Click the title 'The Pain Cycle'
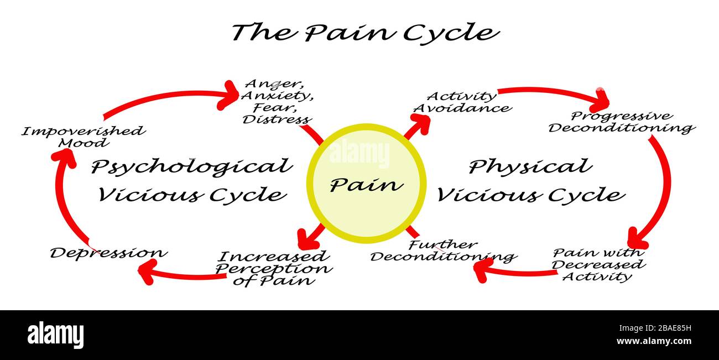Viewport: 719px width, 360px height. (x=365, y=32)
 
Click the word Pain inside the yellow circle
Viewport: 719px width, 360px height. (x=366, y=184)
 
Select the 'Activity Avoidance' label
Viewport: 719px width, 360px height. (x=462, y=102)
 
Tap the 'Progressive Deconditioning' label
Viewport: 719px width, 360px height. (x=621, y=122)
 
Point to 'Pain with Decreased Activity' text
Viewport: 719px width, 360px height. (x=598, y=264)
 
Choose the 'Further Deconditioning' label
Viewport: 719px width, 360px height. (x=442, y=251)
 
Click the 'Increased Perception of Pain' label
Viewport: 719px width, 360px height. (x=273, y=268)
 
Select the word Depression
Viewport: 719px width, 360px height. (x=108, y=253)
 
